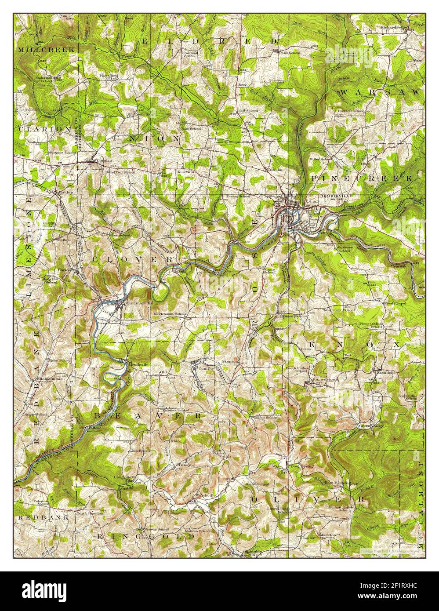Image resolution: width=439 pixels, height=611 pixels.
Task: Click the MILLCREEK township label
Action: tap(39, 50)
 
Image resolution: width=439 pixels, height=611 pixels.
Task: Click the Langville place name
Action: tap(124, 477)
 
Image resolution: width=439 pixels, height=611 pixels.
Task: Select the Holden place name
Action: tap(65, 192)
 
